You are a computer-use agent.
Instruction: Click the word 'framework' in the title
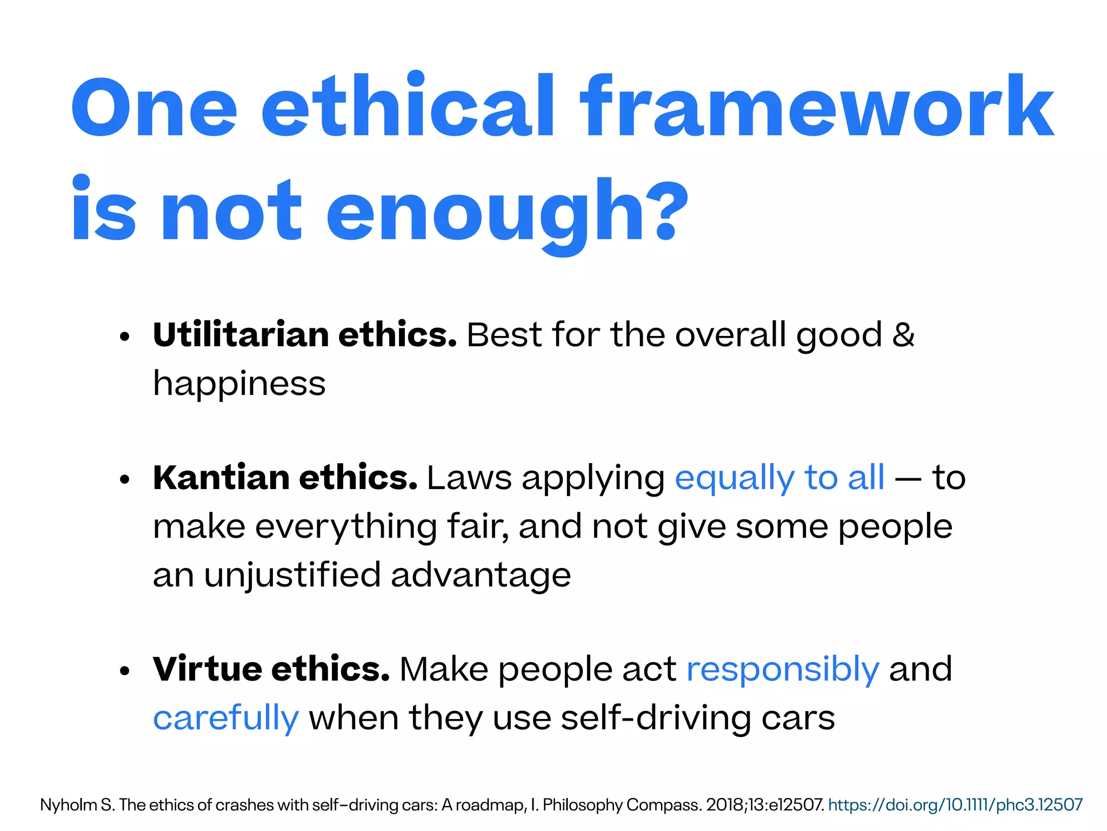click(816, 107)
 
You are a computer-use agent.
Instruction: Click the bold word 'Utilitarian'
click(241, 335)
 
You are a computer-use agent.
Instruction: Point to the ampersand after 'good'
click(903, 335)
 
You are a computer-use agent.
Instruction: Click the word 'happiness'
click(239, 384)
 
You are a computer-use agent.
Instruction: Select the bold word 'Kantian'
click(221, 478)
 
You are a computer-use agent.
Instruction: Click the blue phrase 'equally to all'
click(779, 478)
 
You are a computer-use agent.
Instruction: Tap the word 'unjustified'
click(292, 575)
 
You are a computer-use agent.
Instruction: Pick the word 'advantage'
click(481, 575)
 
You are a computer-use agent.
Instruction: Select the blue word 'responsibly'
click(783, 669)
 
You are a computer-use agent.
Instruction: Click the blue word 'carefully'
click(225, 718)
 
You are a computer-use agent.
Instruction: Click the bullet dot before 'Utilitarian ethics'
click(125, 337)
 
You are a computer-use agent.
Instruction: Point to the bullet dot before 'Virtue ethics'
click(125, 671)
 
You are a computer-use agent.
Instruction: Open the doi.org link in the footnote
click(955, 805)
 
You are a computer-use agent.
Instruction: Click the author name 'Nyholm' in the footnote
click(68, 805)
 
